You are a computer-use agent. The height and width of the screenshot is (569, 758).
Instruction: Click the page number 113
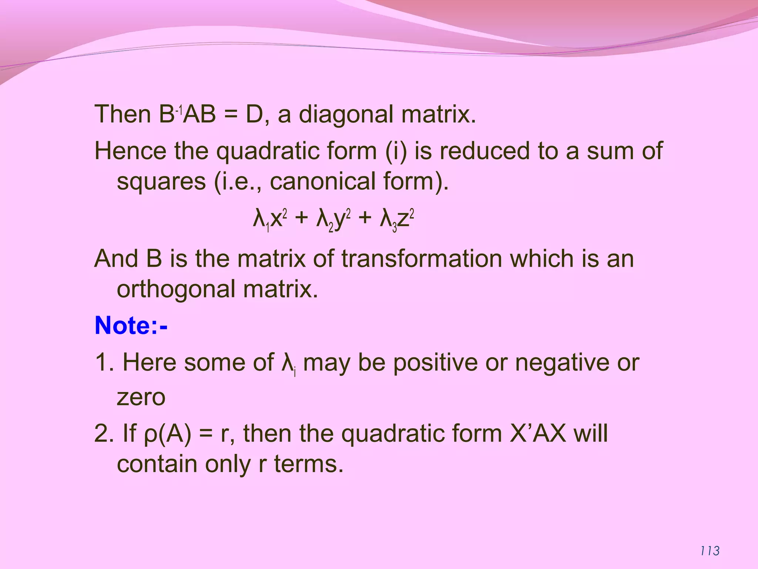pos(710,551)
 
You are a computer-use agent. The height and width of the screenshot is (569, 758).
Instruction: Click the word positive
pos(435,362)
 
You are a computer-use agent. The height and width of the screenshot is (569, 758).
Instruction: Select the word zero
pos(141,397)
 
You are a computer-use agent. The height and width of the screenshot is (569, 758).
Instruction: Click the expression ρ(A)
pos(167,433)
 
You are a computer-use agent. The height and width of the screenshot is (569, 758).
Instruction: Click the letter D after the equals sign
pos(254,114)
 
